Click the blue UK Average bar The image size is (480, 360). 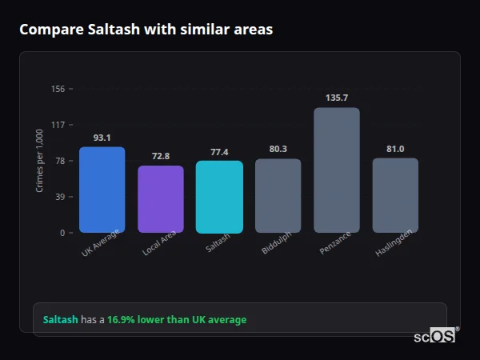click(102, 190)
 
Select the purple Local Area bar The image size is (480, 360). click(161, 199)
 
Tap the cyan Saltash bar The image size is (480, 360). click(219, 197)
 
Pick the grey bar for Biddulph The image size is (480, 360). click(278, 196)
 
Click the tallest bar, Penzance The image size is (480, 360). click(337, 170)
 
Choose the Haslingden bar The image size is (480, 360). click(395, 195)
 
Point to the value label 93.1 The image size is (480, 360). click(102, 138)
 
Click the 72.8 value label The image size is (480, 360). click(161, 156)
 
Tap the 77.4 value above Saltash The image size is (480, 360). click(219, 152)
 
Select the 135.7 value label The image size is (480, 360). click(337, 98)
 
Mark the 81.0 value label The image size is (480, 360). click(395, 149)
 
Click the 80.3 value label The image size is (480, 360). click(278, 150)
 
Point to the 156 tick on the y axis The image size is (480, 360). click(58, 89)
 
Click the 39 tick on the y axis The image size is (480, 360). click(60, 197)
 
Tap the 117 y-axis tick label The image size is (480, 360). click(58, 125)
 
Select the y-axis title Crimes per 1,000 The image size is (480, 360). click(40, 162)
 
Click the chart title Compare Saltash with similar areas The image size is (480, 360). click(146, 30)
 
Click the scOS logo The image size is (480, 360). click(435, 336)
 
